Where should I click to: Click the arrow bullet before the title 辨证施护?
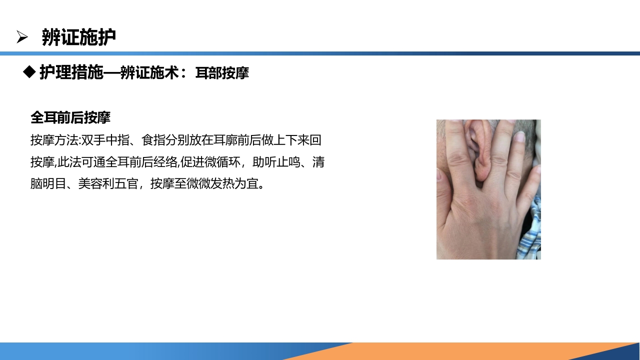pos(21,37)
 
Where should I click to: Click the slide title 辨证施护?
pos(79,37)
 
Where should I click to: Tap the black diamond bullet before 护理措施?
pos(29,72)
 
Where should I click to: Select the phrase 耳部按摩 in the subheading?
pos(222,73)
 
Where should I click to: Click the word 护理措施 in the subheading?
pos(71,73)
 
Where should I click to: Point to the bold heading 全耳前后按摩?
pos(70,117)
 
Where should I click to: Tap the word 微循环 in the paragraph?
pos(216,162)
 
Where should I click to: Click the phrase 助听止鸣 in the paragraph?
pos(276,162)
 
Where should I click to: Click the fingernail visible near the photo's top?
pos(520,136)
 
